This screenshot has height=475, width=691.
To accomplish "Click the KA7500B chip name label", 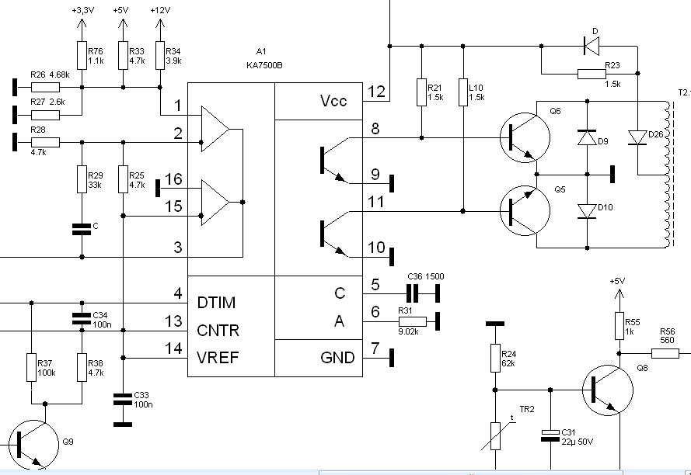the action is [x=264, y=66].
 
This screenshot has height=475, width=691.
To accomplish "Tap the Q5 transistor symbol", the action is [x=525, y=211].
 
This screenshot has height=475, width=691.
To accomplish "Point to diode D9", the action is [x=587, y=138].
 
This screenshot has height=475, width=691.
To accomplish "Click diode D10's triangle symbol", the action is [x=587, y=211].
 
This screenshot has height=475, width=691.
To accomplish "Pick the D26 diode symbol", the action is [x=637, y=137].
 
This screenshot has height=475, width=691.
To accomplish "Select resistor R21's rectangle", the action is [x=422, y=92].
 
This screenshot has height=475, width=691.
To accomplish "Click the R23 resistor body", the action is [x=592, y=74].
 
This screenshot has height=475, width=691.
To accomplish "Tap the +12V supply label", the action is [x=160, y=10].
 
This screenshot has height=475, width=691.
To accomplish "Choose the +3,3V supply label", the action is [x=83, y=10].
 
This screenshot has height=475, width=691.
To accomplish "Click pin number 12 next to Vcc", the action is [x=376, y=92].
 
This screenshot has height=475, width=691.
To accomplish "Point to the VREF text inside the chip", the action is [x=218, y=358].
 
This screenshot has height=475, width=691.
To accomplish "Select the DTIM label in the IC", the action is [x=216, y=303].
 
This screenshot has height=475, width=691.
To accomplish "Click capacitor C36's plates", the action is [x=413, y=293].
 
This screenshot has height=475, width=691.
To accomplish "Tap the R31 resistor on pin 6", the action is [x=413, y=321].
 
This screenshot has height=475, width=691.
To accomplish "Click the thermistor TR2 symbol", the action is [x=496, y=436].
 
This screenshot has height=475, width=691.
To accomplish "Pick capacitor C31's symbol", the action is [x=550, y=435].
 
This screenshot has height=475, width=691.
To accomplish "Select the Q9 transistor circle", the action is [x=34, y=445].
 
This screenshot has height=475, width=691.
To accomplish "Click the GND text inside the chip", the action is [x=337, y=358].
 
